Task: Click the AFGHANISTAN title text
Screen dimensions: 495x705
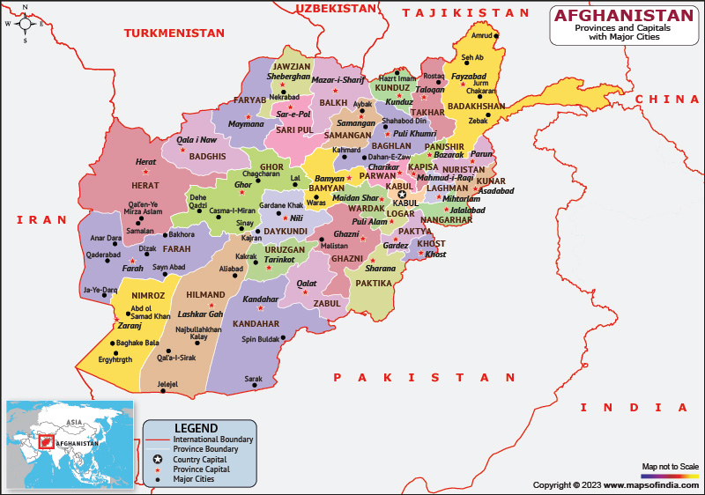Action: pos(623,16)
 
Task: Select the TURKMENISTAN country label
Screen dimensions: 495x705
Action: pos(174,33)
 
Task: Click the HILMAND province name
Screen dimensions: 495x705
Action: pos(206,295)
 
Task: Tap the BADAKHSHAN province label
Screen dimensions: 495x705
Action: pos(477,107)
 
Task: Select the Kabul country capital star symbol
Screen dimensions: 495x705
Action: pos(402,195)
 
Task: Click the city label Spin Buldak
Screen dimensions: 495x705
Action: pos(261,339)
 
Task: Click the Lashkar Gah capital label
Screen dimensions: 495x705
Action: pos(201,314)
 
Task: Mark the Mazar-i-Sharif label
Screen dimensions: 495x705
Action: pos(338,80)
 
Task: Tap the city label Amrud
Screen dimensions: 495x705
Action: pos(482,36)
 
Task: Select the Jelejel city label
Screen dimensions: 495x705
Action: pos(167,384)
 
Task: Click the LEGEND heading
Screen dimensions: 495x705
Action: pos(196,427)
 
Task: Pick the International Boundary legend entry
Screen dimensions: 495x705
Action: pos(213,439)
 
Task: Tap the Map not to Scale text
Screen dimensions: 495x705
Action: pos(670,466)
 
